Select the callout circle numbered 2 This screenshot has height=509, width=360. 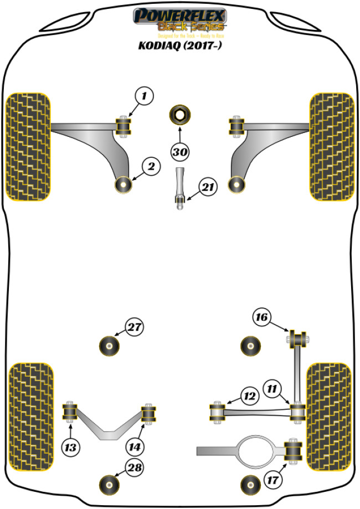(151, 164)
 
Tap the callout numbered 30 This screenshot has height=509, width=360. (179, 151)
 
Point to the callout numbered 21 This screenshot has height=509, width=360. (207, 188)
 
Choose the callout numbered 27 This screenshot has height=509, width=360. (133, 328)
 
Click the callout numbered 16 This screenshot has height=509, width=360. (262, 317)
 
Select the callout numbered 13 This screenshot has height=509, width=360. (70, 446)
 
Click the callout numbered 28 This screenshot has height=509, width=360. (133, 467)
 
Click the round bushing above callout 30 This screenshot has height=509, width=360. (180, 115)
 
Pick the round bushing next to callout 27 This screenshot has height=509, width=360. (110, 347)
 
